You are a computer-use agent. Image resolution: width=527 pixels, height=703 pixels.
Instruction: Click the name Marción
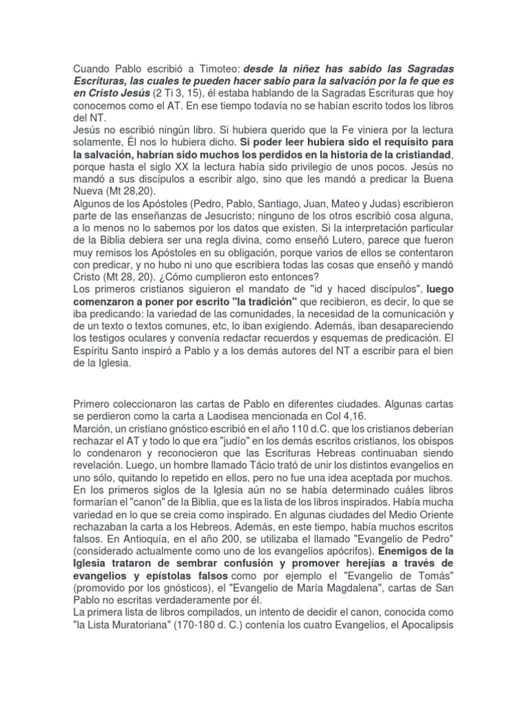(93, 427)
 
